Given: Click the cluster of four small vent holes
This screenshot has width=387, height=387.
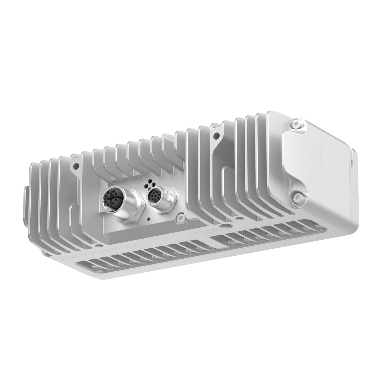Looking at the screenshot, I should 151,184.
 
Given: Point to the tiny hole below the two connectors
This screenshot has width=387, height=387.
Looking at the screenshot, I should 148,219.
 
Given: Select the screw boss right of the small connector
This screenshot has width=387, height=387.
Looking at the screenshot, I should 177,219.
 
